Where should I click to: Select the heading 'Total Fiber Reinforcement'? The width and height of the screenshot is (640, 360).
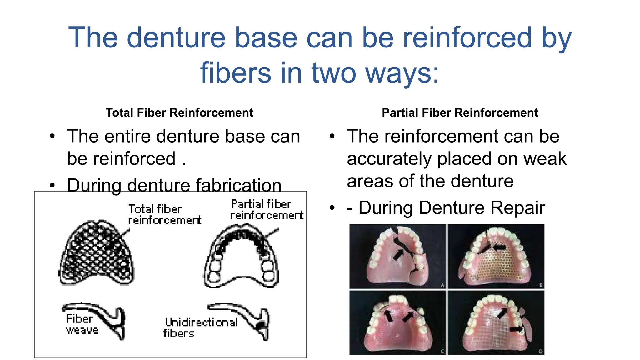tap(179, 112)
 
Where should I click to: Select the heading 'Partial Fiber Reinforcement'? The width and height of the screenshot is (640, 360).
tap(460, 112)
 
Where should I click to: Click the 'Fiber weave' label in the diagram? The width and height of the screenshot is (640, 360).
tap(81, 324)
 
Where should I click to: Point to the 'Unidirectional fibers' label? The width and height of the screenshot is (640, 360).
tap(200, 327)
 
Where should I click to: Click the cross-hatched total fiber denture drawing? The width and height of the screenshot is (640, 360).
tap(96, 253)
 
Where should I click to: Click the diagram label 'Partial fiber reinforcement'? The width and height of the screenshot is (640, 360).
tap(266, 209)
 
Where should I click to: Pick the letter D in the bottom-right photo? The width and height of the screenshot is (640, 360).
tap(540, 352)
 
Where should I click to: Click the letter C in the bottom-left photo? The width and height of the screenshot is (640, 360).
tap(442, 352)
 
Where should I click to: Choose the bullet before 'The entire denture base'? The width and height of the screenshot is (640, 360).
tap(52, 136)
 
